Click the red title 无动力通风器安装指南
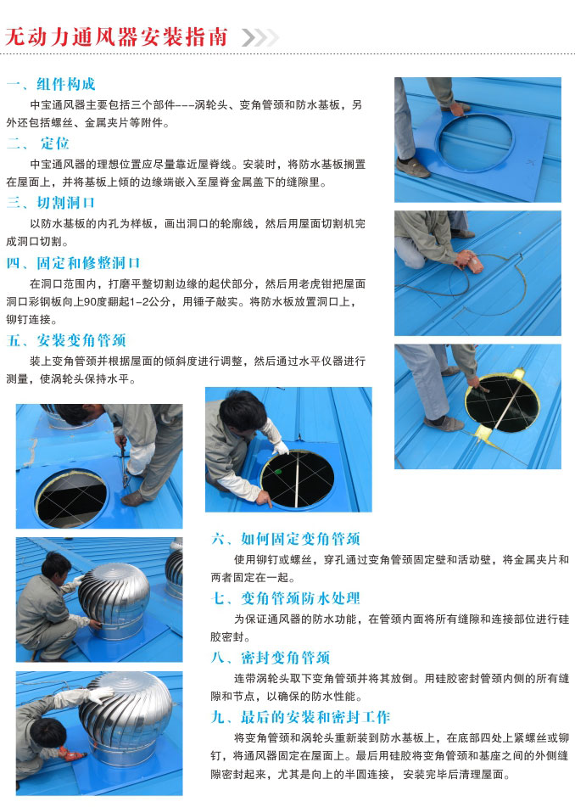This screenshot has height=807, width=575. click(116, 37)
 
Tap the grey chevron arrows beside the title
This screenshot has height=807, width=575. click(260, 37)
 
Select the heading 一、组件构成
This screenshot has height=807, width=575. click(51, 84)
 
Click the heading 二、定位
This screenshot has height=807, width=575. click(38, 143)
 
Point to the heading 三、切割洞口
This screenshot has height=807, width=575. click(51, 203)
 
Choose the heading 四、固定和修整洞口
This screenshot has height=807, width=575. click(73, 263)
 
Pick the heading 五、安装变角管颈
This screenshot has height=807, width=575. click(66, 340)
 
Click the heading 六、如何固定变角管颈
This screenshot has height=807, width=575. click(286, 539)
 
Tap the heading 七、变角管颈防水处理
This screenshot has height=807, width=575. click(286, 598)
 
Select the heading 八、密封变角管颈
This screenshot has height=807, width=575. click(271, 658)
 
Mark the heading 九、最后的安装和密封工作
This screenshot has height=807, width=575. click(300, 717)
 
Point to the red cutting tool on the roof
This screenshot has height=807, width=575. click(468, 260)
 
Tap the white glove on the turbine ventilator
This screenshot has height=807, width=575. click(101, 695)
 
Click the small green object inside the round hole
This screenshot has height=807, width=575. click(278, 471)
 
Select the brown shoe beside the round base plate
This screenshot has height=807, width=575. click(412, 167)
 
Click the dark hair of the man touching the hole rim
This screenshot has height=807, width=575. click(243, 409)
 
